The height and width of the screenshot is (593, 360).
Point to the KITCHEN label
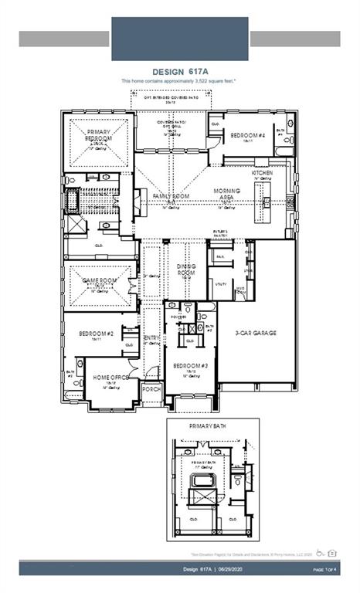tap(262, 173)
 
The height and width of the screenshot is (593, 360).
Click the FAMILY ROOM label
tap(170, 197)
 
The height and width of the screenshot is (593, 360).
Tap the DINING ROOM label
tap(186, 269)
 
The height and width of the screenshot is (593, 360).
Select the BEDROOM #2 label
tap(97, 334)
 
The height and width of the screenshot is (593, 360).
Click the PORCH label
tap(151, 389)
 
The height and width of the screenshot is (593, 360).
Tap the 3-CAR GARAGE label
tap(256, 334)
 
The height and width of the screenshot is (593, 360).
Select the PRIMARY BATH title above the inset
tap(208, 425)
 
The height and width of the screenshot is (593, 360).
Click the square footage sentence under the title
tap(178, 81)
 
